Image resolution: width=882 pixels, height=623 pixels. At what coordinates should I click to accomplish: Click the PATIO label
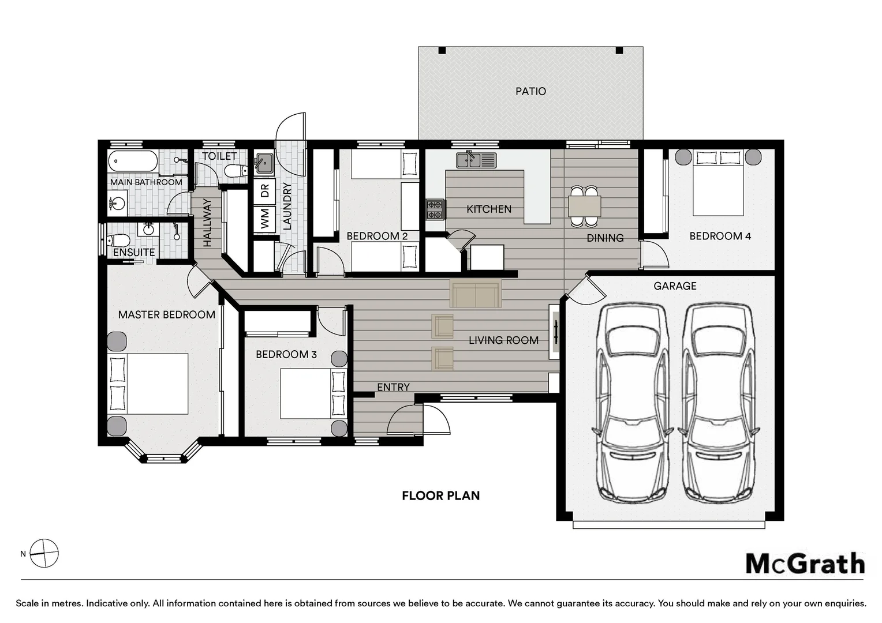point(530,91)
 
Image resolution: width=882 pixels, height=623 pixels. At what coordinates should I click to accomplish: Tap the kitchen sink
point(476,160)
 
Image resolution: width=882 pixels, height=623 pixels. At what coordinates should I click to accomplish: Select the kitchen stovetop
point(435,209)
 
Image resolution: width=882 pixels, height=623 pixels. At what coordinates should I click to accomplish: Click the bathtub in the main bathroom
point(133,160)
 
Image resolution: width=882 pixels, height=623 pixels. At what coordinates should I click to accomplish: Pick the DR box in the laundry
point(264,192)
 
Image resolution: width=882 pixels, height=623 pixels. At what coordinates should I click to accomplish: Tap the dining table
point(584,206)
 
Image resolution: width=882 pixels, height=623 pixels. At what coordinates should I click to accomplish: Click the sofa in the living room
point(476,293)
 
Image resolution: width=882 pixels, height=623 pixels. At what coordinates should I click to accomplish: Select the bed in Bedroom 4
point(718,183)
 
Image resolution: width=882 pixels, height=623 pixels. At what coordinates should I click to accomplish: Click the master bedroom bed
point(148,384)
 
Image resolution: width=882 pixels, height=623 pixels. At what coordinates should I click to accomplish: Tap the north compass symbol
point(44,553)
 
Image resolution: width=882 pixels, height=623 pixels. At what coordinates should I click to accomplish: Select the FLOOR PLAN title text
point(440,496)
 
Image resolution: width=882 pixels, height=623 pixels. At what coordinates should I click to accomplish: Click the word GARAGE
point(675,286)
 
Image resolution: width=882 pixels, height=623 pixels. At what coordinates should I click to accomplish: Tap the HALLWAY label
point(207,223)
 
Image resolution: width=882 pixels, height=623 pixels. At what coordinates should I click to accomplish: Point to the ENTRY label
point(393,387)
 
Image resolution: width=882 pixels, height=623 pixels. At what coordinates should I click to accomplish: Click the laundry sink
point(264,163)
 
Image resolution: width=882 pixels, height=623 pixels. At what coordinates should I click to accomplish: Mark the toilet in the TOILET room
point(236,171)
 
